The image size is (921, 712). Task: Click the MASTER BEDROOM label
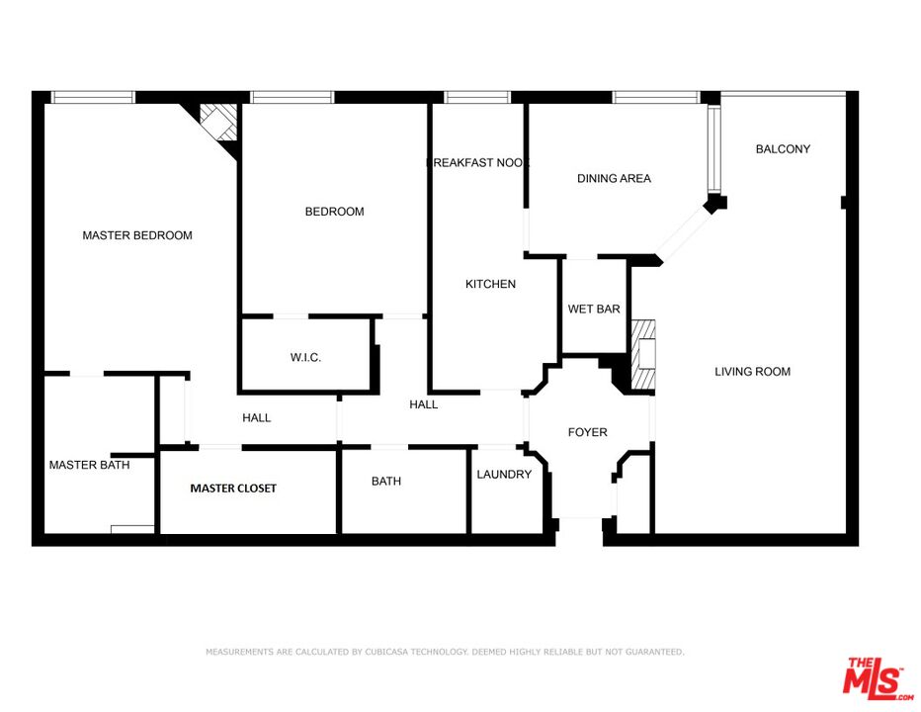click(x=137, y=235)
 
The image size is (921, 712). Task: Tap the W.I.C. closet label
click(x=305, y=357)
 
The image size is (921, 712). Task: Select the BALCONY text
click(x=783, y=149)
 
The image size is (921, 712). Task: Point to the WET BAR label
click(x=594, y=310)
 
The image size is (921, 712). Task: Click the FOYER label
click(x=587, y=432)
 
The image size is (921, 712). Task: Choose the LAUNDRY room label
click(x=504, y=475)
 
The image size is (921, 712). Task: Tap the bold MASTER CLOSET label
click(x=233, y=489)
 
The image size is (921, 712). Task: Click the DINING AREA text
click(x=614, y=179)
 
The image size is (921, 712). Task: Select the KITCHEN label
click(x=491, y=285)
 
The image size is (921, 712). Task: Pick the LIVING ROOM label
click(x=753, y=372)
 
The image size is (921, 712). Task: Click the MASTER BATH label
click(x=89, y=465)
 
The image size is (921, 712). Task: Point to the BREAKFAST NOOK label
click(x=477, y=163)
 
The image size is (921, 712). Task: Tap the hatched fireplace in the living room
click(x=643, y=356)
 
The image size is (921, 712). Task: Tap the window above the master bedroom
click(x=93, y=97)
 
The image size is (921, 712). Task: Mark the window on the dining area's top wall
click(x=656, y=97)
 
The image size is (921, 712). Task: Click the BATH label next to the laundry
click(x=386, y=482)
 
